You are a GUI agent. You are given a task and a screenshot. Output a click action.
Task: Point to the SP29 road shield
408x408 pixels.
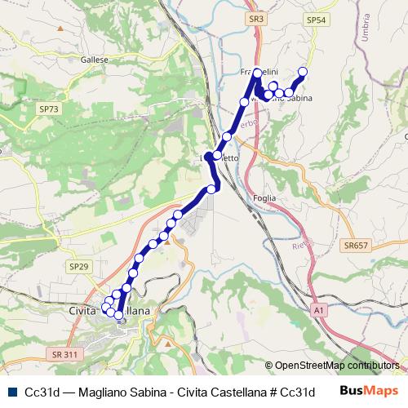point(78,266)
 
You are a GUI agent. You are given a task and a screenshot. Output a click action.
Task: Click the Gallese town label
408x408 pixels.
point(95,60)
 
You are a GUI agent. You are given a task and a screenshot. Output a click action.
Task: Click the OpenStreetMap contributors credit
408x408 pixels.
point(336,366)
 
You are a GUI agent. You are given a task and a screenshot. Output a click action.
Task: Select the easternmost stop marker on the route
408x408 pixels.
point(303,72)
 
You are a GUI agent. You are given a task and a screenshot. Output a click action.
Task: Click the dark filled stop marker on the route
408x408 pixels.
point(210,156)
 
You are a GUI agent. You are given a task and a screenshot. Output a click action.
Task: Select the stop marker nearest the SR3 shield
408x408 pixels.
point(257,73)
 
